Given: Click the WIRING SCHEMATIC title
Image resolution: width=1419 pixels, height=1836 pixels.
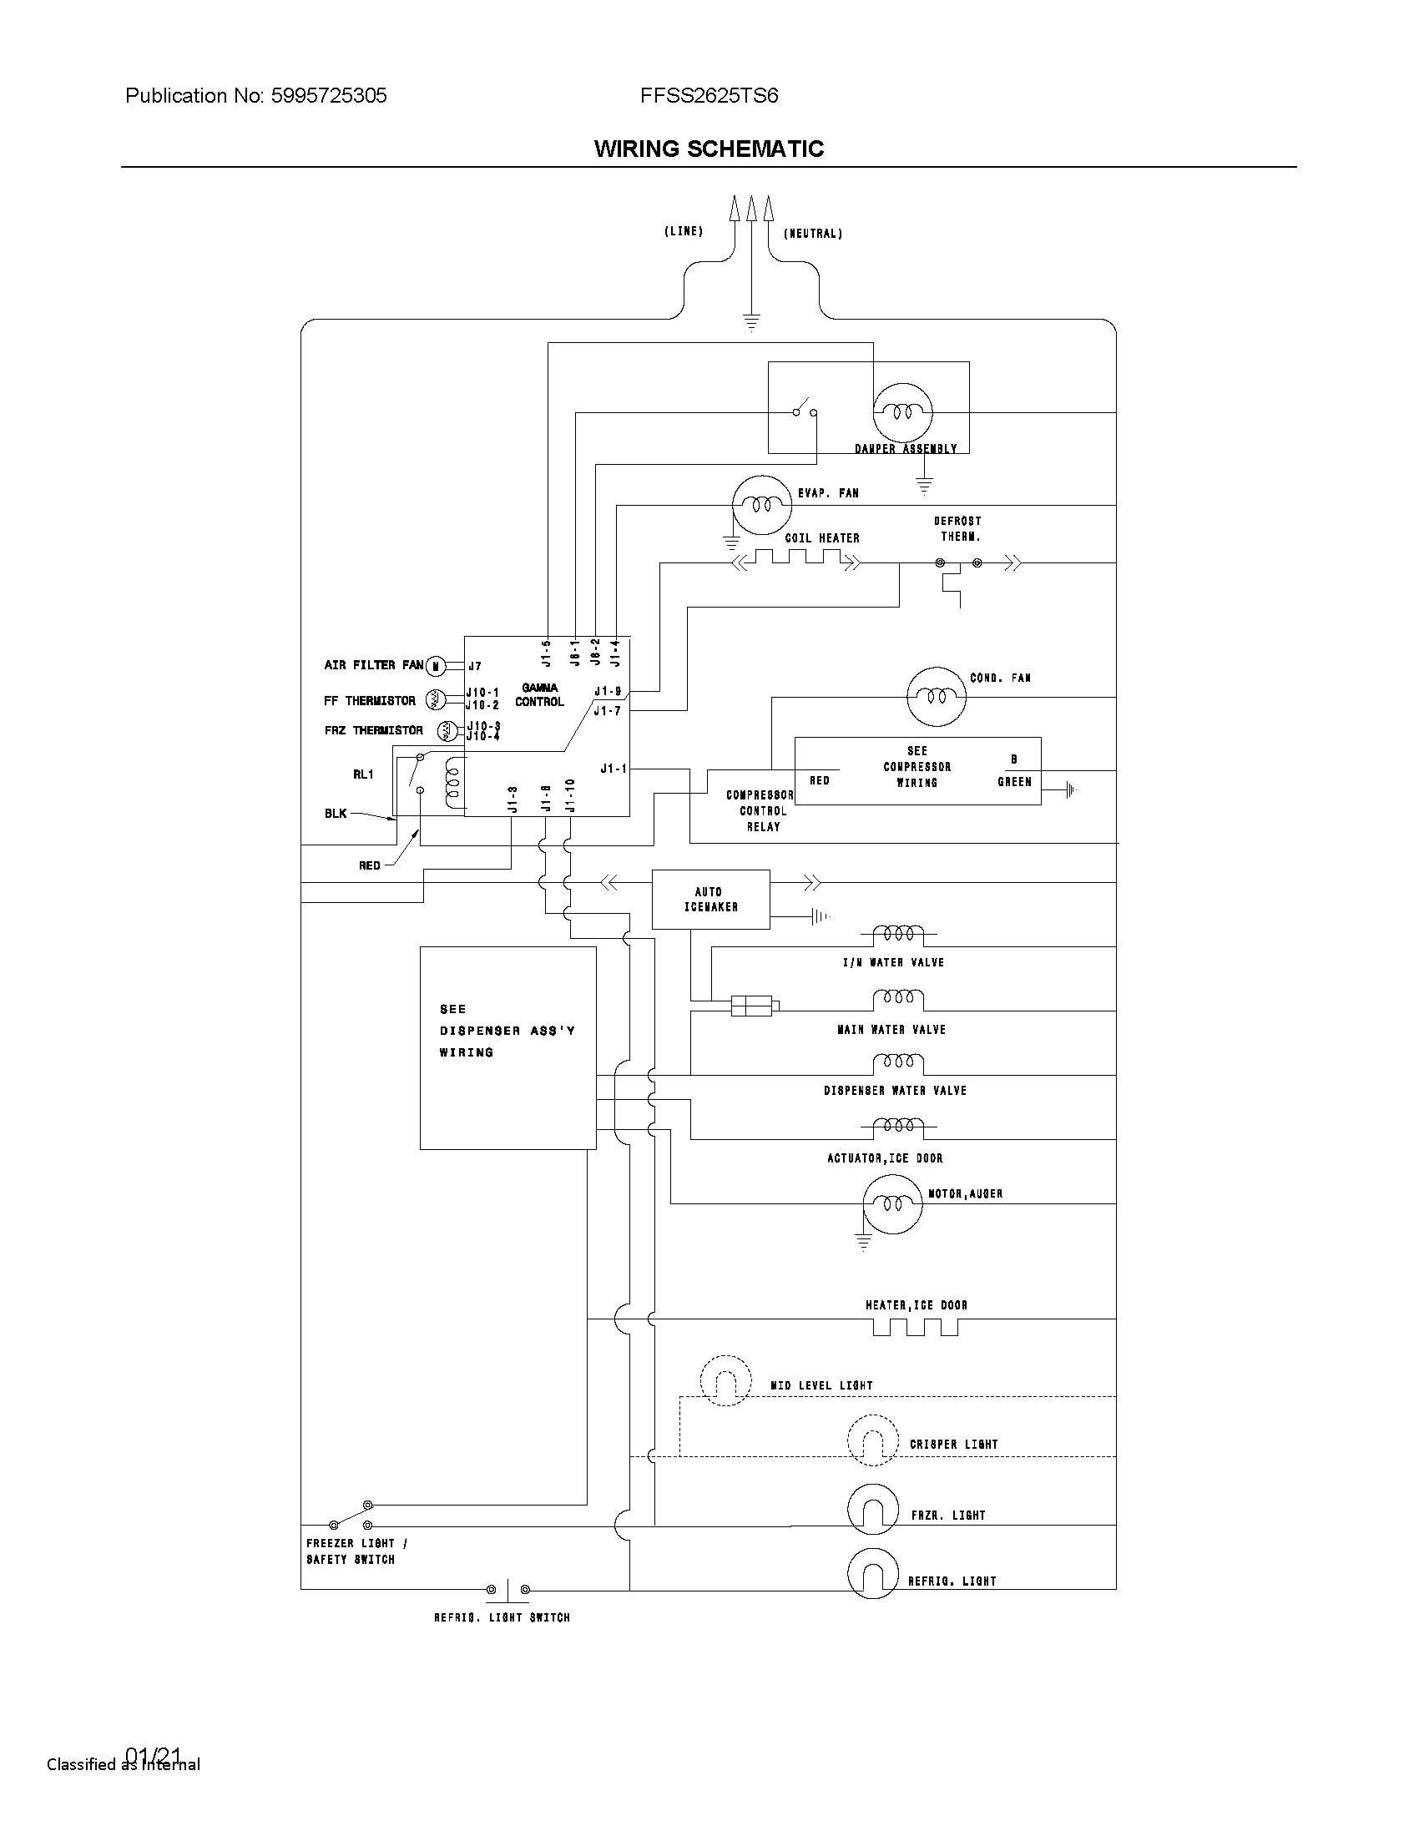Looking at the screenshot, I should pyautogui.click(x=709, y=149).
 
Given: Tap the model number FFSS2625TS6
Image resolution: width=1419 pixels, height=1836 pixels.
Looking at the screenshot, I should pyautogui.click(x=709, y=96).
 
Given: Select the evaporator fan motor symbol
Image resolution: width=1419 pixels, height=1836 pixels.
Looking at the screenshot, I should pyautogui.click(x=761, y=504).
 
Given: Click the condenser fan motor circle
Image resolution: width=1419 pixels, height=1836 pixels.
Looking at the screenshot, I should pyautogui.click(x=937, y=696).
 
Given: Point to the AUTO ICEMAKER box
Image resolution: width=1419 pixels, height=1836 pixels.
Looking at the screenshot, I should pyautogui.click(x=710, y=899).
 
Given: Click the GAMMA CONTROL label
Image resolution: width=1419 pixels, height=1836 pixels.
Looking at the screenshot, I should pyautogui.click(x=539, y=695).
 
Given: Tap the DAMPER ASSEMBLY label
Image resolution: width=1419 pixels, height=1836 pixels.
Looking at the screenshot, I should pyautogui.click(x=906, y=449).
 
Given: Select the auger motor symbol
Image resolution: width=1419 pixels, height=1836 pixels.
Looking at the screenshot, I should pyautogui.click(x=893, y=1203).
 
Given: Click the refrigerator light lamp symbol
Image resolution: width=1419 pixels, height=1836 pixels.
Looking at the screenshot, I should pyautogui.click(x=872, y=1573).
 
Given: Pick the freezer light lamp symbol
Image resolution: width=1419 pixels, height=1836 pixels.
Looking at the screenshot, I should pyautogui.click(x=872, y=1508).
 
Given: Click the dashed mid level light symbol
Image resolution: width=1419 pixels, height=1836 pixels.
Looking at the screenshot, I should pyautogui.click(x=725, y=1380).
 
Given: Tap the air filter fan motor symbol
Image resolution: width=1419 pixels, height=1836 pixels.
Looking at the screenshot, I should pyautogui.click(x=436, y=667).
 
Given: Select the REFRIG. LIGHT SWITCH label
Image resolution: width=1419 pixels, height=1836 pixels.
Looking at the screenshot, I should pyautogui.click(x=502, y=1617).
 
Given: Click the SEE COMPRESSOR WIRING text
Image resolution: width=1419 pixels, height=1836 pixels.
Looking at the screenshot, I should pyautogui.click(x=917, y=767).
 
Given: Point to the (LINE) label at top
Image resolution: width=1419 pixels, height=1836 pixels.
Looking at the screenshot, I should pyautogui.click(x=683, y=231).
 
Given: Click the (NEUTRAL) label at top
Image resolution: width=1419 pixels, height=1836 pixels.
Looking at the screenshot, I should pyautogui.click(x=812, y=234).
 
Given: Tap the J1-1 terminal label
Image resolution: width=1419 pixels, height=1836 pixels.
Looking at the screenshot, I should pyautogui.click(x=613, y=769).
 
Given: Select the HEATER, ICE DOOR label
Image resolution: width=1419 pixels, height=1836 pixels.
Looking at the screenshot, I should pyautogui.click(x=917, y=1305).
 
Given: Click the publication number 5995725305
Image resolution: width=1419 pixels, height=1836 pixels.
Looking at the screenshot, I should pyautogui.click(x=328, y=96).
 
